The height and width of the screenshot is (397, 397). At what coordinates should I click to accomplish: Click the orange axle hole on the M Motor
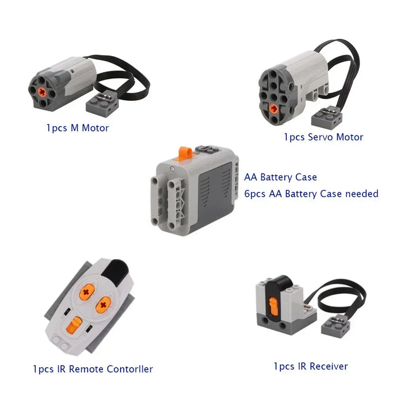point(42,92)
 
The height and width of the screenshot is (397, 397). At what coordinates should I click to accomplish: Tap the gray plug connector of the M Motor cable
point(102,103)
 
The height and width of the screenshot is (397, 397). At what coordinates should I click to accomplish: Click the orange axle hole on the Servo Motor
point(273,109)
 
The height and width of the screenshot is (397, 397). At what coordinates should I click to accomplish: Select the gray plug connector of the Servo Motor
point(327,118)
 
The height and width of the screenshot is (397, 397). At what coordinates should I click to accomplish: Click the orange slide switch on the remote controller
point(74,326)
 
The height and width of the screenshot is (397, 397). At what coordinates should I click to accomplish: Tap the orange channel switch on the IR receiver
point(273,307)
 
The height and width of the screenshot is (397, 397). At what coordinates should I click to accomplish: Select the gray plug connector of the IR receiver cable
point(335,326)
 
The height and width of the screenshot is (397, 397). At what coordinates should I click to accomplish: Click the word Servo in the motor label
point(320,137)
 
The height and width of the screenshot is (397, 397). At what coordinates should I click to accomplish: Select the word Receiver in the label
point(329,366)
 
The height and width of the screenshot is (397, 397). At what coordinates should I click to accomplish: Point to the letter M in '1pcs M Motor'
point(74,128)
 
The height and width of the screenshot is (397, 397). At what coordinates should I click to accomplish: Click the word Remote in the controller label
point(86,369)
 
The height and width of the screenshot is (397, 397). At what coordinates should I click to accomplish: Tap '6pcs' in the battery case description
point(255,194)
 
